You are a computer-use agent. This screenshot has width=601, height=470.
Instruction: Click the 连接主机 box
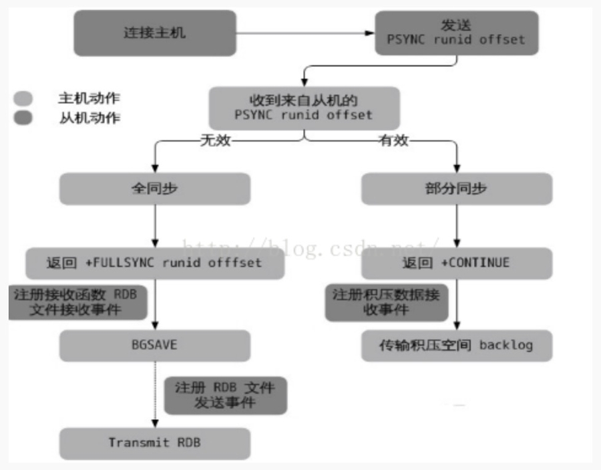pos(155,33)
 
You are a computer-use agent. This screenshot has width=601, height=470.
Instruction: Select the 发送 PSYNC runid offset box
pos(456,33)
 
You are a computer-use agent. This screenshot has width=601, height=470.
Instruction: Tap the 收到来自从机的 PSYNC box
pos(304,108)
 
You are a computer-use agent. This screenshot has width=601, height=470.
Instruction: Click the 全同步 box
pos(155,189)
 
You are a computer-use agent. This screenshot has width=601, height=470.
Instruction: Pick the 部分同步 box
pos(457,189)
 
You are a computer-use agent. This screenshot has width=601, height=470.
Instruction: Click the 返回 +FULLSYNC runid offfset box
pos(155,263)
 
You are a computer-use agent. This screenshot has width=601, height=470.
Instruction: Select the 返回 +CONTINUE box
pos(457,263)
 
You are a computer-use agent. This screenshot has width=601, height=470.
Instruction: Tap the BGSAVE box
pos(155,346)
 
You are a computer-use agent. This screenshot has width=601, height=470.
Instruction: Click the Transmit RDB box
pos(155,443)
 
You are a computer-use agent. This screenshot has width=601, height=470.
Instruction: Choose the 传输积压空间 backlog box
pos(457,346)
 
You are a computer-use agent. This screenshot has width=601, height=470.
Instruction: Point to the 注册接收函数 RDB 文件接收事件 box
pos(79,302)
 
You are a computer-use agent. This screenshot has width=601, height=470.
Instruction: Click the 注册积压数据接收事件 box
pos(387,302)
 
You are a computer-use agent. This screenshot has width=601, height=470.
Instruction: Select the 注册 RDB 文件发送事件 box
pos(225,395)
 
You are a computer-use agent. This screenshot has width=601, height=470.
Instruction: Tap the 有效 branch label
pos(394,141)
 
